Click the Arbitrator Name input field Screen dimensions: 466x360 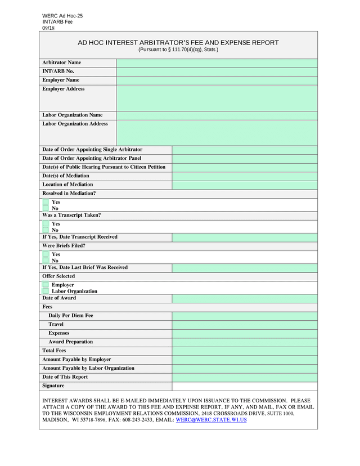[217, 62]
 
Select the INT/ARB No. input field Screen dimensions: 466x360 [217, 71]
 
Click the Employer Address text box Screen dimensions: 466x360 [217, 98]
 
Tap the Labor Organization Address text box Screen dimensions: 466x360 [217, 133]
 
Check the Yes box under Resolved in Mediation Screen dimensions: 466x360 [46, 202]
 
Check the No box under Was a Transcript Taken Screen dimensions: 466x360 [46, 230]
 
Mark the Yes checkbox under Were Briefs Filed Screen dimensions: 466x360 [46, 254]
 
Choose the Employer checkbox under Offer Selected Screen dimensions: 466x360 [46, 285]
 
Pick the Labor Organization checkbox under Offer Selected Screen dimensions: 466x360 [46, 292]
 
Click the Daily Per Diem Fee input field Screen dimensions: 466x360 [245, 316]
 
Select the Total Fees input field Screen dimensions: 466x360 [245, 351]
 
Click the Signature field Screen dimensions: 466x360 [245, 386]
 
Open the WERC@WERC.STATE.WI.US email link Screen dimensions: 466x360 [211, 420]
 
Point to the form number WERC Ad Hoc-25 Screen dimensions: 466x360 [62, 16]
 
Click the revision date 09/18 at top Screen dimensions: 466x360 [48, 28]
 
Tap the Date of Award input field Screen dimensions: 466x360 [245, 298]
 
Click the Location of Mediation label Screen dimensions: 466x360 [67, 185]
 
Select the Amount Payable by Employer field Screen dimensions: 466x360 [245, 360]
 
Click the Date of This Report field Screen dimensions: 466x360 [245, 377]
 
